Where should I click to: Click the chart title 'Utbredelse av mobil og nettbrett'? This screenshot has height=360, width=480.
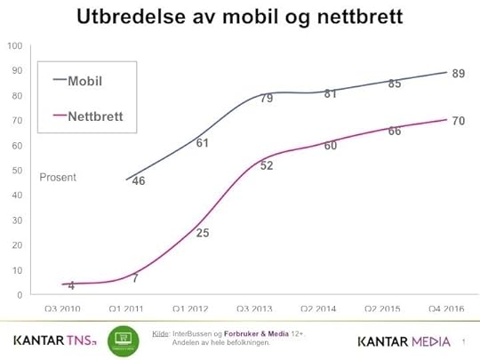click(239, 17)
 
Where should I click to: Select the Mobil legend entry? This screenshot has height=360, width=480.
click(87, 79)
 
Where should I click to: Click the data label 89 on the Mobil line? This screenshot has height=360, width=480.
click(459, 74)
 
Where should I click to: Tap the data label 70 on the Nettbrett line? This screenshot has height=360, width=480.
click(459, 121)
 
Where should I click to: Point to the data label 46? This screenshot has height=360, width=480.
click(138, 181)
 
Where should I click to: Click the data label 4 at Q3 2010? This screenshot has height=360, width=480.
click(71, 285)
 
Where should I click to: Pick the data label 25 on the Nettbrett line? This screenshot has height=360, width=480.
click(202, 234)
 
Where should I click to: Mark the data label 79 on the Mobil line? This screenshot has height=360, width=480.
click(266, 99)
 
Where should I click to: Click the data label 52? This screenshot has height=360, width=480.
click(266, 166)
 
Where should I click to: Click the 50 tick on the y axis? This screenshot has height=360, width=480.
click(16, 171)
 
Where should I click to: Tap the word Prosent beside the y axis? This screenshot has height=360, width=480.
click(58, 178)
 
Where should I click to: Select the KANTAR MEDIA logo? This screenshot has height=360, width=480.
click(404, 341)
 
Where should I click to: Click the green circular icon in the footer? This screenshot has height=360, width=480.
click(123, 341)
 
